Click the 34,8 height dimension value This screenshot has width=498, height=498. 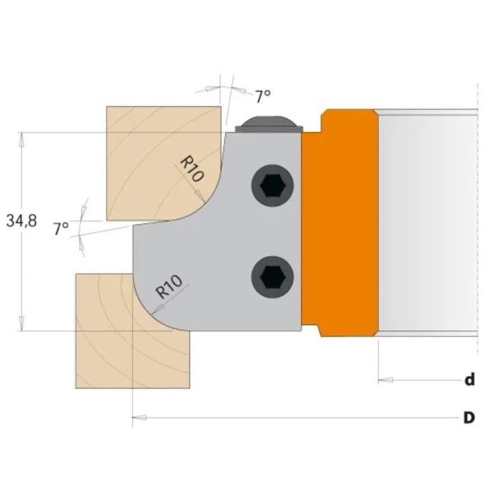pos(21,221)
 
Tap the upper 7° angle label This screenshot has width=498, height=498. pos(263,96)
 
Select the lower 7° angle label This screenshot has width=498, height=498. pos(61,228)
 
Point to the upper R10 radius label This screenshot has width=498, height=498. pos(192,168)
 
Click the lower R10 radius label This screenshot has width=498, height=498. pos(170,287)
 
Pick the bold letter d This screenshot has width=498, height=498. pos(469,380)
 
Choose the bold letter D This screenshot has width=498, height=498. pos(469,418)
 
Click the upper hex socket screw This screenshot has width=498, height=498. pos(272,185)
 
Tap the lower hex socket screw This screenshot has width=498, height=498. pos(272,277)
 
